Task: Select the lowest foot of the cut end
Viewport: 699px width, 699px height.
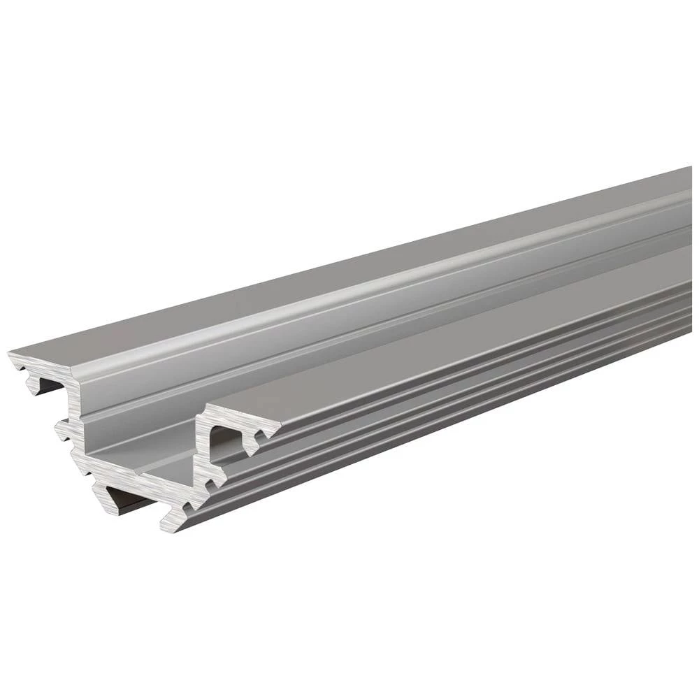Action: click(x=171, y=521)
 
